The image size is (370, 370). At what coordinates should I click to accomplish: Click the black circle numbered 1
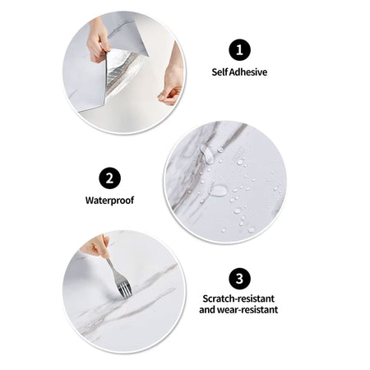pos(239,50)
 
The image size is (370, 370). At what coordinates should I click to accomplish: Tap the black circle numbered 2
pos(109,178)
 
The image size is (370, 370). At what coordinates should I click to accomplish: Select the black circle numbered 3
pos(239,279)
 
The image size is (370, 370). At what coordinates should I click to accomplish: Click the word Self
pos(220,72)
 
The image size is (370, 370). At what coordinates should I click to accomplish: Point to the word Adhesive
pos(248,72)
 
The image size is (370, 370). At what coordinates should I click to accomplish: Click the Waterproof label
pos(109,201)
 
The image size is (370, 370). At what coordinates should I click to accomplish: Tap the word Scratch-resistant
pos(238,298)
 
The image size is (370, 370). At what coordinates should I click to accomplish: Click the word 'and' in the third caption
pos(207,310)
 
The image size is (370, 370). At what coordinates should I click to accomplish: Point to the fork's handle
pos(112,268)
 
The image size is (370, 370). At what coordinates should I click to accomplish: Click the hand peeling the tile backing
pos(97,39)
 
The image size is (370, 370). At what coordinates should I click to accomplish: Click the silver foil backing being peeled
pos(121,72)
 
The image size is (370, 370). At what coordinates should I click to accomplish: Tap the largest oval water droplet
pos(219,191)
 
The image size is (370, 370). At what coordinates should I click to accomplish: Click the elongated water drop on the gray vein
pos(207,155)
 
